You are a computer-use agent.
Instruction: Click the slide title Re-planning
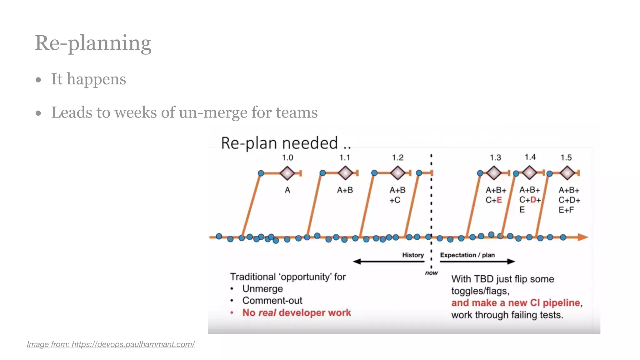coord(93,43)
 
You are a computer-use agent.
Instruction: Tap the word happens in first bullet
coord(96,79)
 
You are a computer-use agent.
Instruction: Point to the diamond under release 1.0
coord(287,173)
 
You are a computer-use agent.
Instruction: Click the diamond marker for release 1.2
coord(398,173)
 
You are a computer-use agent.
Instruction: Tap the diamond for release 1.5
coord(567,173)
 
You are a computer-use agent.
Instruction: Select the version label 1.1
coord(345,157)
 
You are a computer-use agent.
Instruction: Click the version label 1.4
coord(530,157)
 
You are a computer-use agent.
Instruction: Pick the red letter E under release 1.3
coord(499,200)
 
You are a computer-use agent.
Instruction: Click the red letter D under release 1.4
coord(533,200)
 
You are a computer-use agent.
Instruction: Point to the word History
coord(413,255)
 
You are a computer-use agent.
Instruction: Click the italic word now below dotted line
coord(431,273)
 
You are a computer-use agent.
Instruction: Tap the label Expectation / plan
coord(467,255)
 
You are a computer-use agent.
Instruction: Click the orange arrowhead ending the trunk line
coord(582,237)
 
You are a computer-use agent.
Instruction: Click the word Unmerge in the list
coord(262,289)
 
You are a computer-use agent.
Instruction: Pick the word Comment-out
coord(272,301)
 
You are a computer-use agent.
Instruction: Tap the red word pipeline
coord(561,303)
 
